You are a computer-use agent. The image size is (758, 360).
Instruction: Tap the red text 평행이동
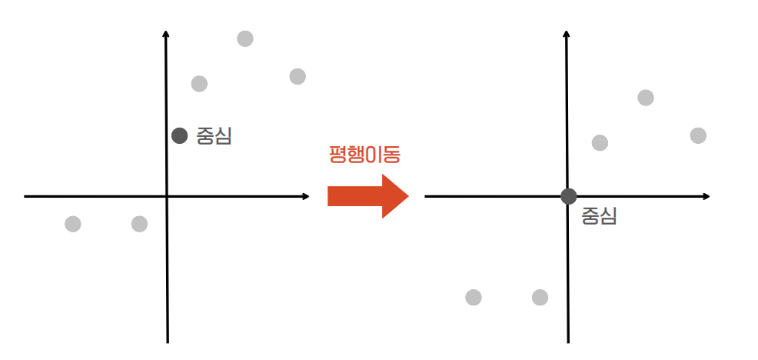[x=365, y=154]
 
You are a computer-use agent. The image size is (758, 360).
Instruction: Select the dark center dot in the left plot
[x=180, y=136]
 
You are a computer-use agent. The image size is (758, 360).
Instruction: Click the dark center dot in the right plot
[x=568, y=196]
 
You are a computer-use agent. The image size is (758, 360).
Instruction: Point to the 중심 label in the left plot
[x=214, y=137]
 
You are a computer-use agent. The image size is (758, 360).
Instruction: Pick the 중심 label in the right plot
[x=599, y=216]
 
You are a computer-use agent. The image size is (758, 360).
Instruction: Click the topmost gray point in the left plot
[x=245, y=38]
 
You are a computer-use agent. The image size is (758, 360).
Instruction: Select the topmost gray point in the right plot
[x=646, y=98]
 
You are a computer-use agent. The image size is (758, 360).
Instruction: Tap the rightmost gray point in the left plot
[x=298, y=76]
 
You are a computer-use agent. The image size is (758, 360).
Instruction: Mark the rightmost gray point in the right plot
[x=698, y=135]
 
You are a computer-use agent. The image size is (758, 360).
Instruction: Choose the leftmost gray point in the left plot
[x=73, y=224]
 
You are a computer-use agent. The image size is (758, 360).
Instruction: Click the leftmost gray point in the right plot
[x=474, y=297]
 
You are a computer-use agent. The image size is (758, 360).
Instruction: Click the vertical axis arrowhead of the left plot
[x=167, y=34]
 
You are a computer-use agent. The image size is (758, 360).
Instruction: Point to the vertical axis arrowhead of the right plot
[x=567, y=34]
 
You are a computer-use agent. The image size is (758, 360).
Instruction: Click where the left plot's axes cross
[x=167, y=197]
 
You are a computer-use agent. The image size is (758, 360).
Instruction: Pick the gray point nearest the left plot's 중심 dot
[x=199, y=83]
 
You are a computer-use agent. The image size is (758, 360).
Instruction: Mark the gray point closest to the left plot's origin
[x=139, y=224]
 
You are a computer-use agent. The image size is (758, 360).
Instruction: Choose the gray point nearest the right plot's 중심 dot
[x=600, y=142]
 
